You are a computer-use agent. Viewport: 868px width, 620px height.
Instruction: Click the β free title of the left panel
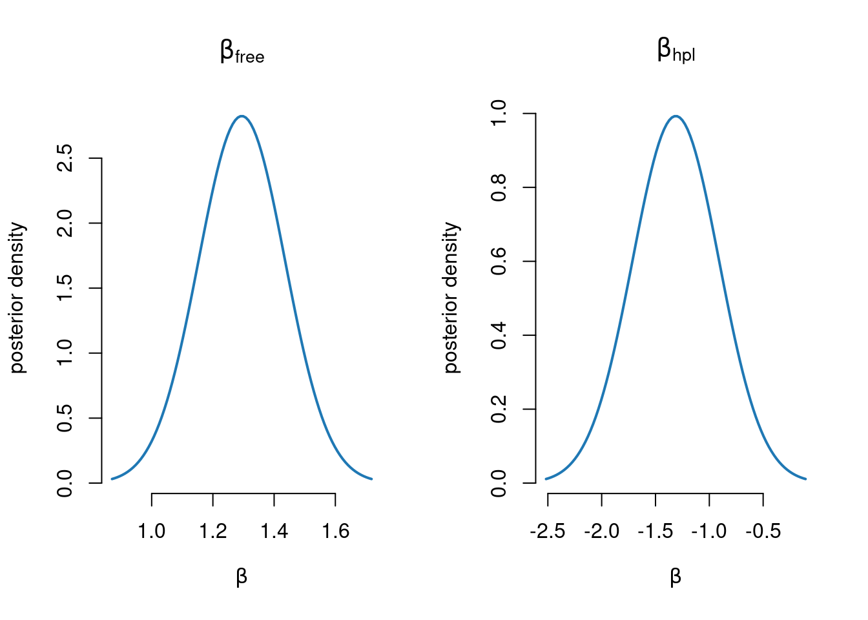pos(242,52)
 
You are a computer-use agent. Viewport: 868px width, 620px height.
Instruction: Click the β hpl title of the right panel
pos(676,50)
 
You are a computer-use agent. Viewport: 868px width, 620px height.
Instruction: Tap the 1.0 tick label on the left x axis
pos(152,532)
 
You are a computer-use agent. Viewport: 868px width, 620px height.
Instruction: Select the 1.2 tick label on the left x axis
pos(213,532)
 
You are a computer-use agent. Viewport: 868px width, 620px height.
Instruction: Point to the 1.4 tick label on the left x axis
pos(274,532)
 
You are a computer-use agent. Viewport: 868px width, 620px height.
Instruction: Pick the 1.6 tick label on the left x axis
pos(336,532)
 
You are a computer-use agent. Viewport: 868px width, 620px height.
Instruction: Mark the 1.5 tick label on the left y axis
pos(65,287)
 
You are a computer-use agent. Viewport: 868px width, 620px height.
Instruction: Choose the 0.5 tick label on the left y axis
pos(65,418)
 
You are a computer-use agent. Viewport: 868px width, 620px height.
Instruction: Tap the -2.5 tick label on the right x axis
pos(547,532)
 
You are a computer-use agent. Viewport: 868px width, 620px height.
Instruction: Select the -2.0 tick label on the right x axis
pos(601,532)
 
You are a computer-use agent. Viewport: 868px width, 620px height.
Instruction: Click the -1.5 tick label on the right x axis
pos(656,532)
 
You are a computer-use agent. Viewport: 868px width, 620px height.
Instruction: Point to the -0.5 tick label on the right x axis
pos(763,532)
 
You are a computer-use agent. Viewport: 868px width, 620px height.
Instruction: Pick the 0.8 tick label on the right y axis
pos(499,187)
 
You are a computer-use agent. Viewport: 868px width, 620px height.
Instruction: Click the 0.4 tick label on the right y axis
pos(499,335)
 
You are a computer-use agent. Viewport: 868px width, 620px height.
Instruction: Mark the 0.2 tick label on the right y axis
pos(499,409)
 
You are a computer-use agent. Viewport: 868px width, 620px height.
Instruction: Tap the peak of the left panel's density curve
pos(242,116)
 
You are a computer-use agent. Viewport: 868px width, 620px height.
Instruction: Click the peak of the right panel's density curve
pos(676,116)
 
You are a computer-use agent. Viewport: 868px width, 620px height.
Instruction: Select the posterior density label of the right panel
pos(452,298)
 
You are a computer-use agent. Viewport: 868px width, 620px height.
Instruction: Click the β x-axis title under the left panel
pos(242,576)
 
